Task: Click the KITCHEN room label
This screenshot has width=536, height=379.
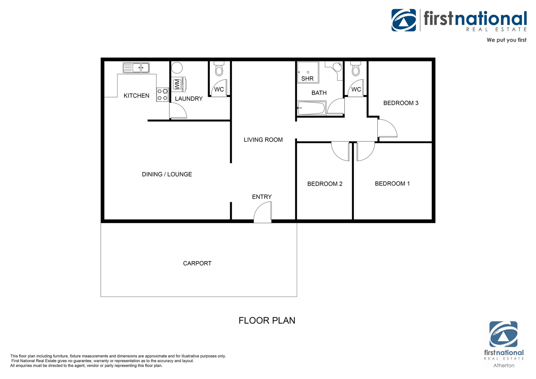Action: pos(136,96)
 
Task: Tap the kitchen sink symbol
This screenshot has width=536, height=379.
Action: pos(136,67)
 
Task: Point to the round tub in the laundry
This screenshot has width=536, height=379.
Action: pos(177,68)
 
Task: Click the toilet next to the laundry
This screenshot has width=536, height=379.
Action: pos(219,69)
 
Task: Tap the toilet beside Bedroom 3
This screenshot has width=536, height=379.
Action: pos(356,69)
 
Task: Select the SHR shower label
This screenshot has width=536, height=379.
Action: pos(307,79)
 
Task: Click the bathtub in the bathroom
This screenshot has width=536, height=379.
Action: pos(311,108)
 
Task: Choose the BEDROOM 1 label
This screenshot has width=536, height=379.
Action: pos(392,184)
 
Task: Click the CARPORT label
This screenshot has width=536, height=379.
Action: pos(197,263)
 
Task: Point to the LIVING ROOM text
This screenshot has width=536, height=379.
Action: pos(263,140)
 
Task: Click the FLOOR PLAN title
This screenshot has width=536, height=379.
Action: pos(267,320)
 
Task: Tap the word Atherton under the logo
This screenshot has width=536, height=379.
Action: pos(504,365)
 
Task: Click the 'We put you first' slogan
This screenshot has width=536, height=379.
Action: pos(506,40)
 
